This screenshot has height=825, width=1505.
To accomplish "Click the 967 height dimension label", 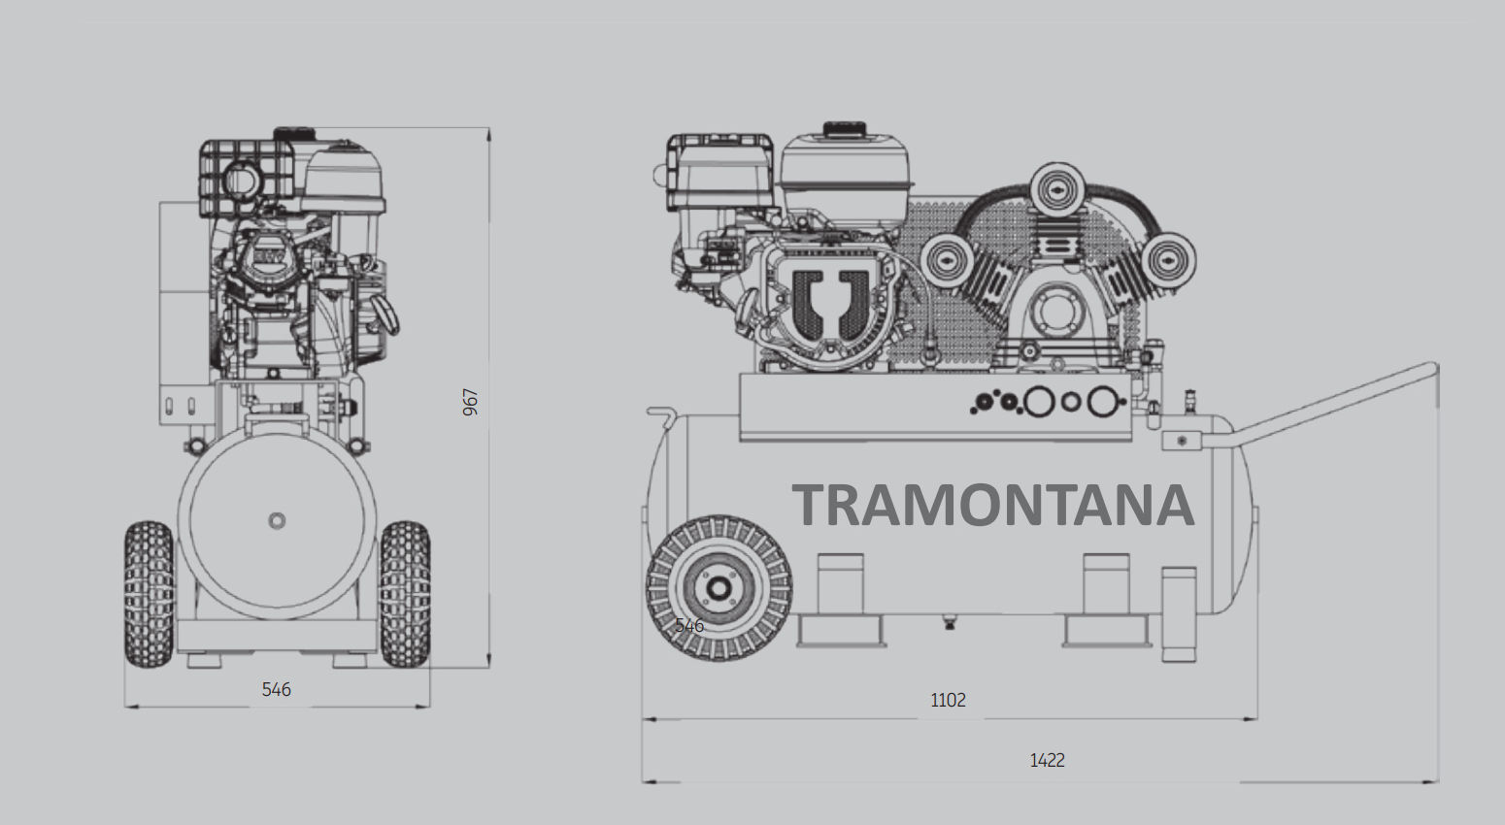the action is click(470, 402).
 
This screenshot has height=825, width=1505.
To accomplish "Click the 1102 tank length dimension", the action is click(948, 700).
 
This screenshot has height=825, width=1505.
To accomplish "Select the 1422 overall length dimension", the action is click(1048, 760).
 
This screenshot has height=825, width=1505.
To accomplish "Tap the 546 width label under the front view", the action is click(276, 689).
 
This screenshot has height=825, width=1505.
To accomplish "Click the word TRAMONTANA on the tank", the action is click(993, 505).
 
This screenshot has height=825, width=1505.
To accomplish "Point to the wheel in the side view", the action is click(719, 588).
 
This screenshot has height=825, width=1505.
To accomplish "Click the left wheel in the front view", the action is click(149, 595).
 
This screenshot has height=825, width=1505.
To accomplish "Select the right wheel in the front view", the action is click(405, 595).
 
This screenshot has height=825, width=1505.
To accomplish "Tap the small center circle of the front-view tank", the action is click(277, 520).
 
